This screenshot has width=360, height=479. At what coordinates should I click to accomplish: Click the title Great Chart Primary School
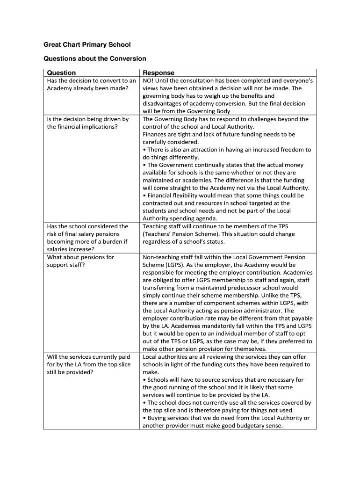(87, 45)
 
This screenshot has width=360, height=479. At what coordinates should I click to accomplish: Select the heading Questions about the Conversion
(95, 59)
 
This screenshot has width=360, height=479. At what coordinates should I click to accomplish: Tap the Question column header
(61, 73)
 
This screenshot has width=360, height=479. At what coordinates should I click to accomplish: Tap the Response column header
(158, 73)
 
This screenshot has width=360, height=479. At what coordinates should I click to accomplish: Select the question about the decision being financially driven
(88, 123)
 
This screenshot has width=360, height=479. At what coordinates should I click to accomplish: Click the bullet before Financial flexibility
(144, 196)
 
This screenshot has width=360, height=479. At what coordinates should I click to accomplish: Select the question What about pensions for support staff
(80, 261)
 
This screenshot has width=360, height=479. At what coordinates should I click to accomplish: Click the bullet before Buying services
(144, 418)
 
